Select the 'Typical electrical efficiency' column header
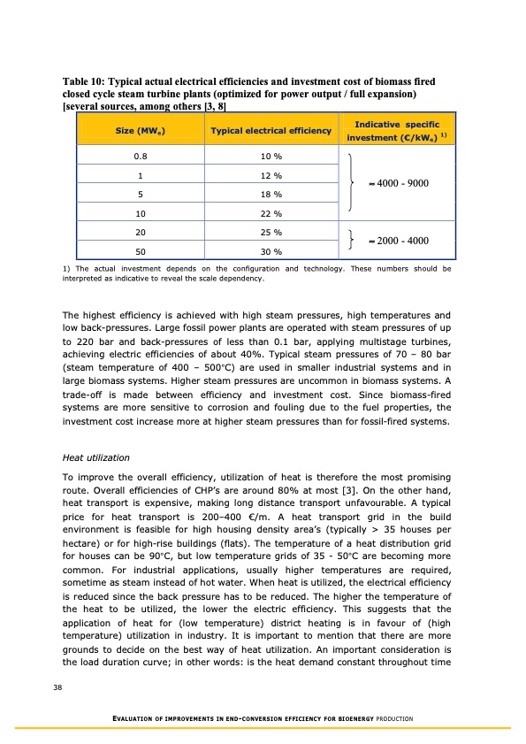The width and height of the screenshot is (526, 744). pos(271,131)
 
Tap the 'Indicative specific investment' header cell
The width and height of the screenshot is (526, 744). pos(395,130)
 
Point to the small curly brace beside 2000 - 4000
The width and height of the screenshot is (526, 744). pos(352,242)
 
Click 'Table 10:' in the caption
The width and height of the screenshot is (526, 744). pos(81,81)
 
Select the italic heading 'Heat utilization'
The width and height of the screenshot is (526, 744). pos(95,457)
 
